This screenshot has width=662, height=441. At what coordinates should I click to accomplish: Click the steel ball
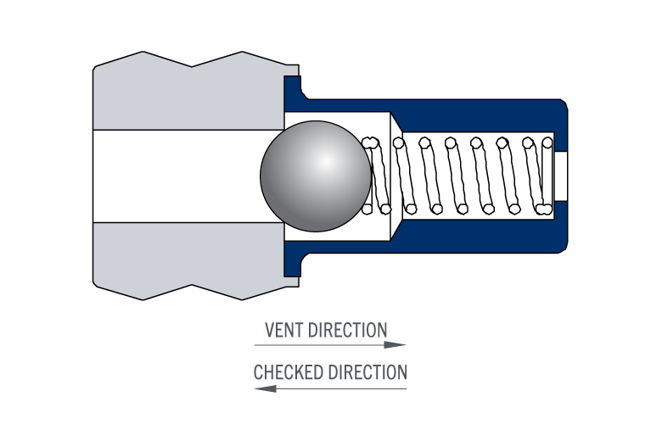(x=316, y=176)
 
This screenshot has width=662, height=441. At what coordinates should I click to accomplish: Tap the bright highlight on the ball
(x=326, y=162)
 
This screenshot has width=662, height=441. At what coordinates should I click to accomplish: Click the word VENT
(x=284, y=330)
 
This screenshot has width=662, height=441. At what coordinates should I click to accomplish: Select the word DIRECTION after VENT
(x=347, y=330)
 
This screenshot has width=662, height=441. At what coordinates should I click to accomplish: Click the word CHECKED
(x=289, y=372)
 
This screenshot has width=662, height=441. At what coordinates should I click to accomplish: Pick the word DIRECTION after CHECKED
(x=367, y=372)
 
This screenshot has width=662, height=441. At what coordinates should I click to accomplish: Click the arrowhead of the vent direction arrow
(x=395, y=345)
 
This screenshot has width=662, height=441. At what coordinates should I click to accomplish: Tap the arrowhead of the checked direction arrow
(x=266, y=388)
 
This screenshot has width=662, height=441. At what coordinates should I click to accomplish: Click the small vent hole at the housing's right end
(x=561, y=176)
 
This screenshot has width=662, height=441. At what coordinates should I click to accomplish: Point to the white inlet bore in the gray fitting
(x=188, y=176)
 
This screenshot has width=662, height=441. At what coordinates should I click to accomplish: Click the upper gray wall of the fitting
(x=188, y=98)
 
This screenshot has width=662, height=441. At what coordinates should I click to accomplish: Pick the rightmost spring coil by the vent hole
(x=547, y=176)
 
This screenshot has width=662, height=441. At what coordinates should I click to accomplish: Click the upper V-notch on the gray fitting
(x=192, y=66)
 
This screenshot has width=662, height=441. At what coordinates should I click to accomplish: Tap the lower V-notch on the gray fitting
(x=192, y=285)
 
